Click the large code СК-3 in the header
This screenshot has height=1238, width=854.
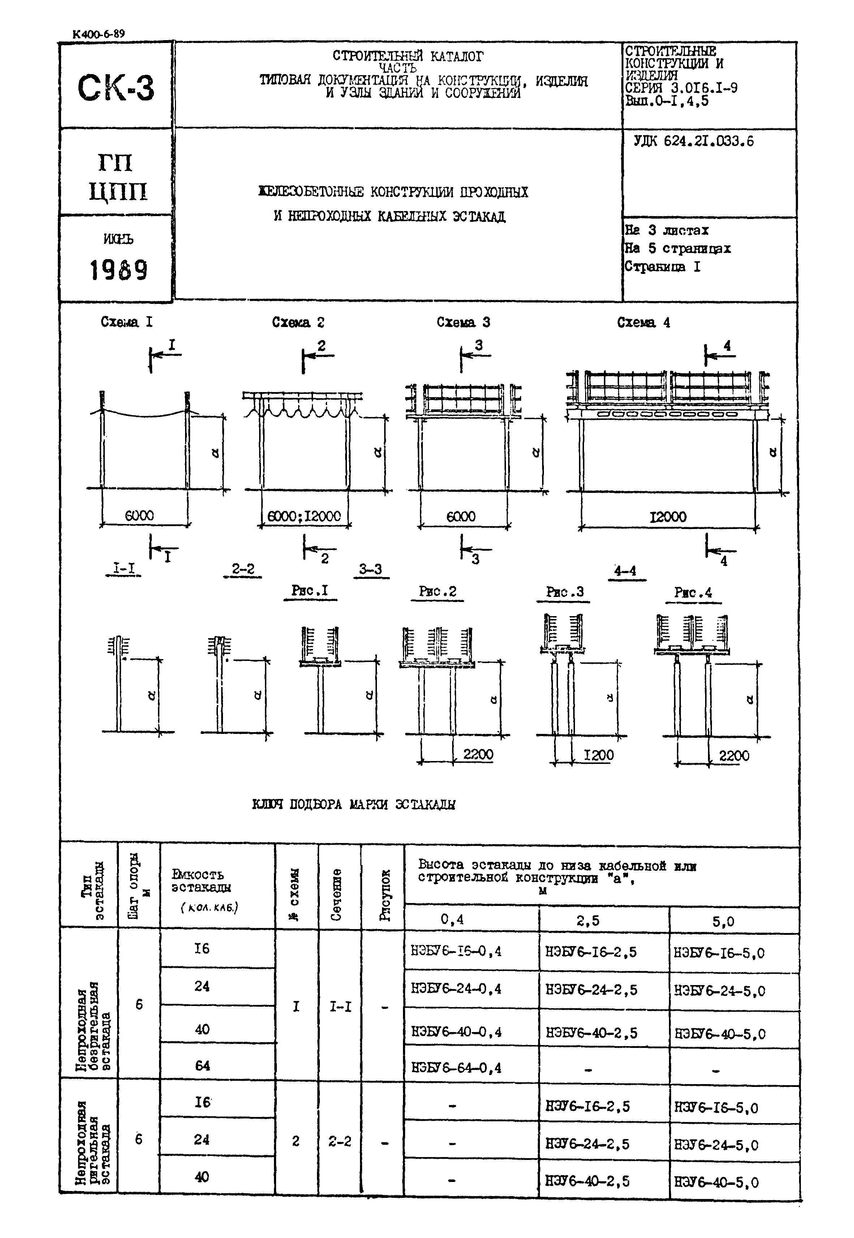click(x=116, y=88)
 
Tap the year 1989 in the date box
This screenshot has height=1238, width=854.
click(x=118, y=270)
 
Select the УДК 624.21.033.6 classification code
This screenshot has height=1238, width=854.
click(x=694, y=142)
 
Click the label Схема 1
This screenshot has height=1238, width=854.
click(x=126, y=322)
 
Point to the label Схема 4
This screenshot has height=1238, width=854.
click(x=643, y=323)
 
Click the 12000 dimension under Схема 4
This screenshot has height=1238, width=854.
click(x=668, y=517)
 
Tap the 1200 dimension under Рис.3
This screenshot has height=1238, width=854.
click(x=598, y=756)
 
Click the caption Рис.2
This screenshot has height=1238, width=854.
click(x=437, y=592)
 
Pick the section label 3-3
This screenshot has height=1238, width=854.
click(x=370, y=569)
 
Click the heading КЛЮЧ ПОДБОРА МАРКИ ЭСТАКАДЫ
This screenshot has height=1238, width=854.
click(x=354, y=805)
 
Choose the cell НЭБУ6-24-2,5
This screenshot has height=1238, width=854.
click(x=591, y=990)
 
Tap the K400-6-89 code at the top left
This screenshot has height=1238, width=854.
click(x=98, y=34)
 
